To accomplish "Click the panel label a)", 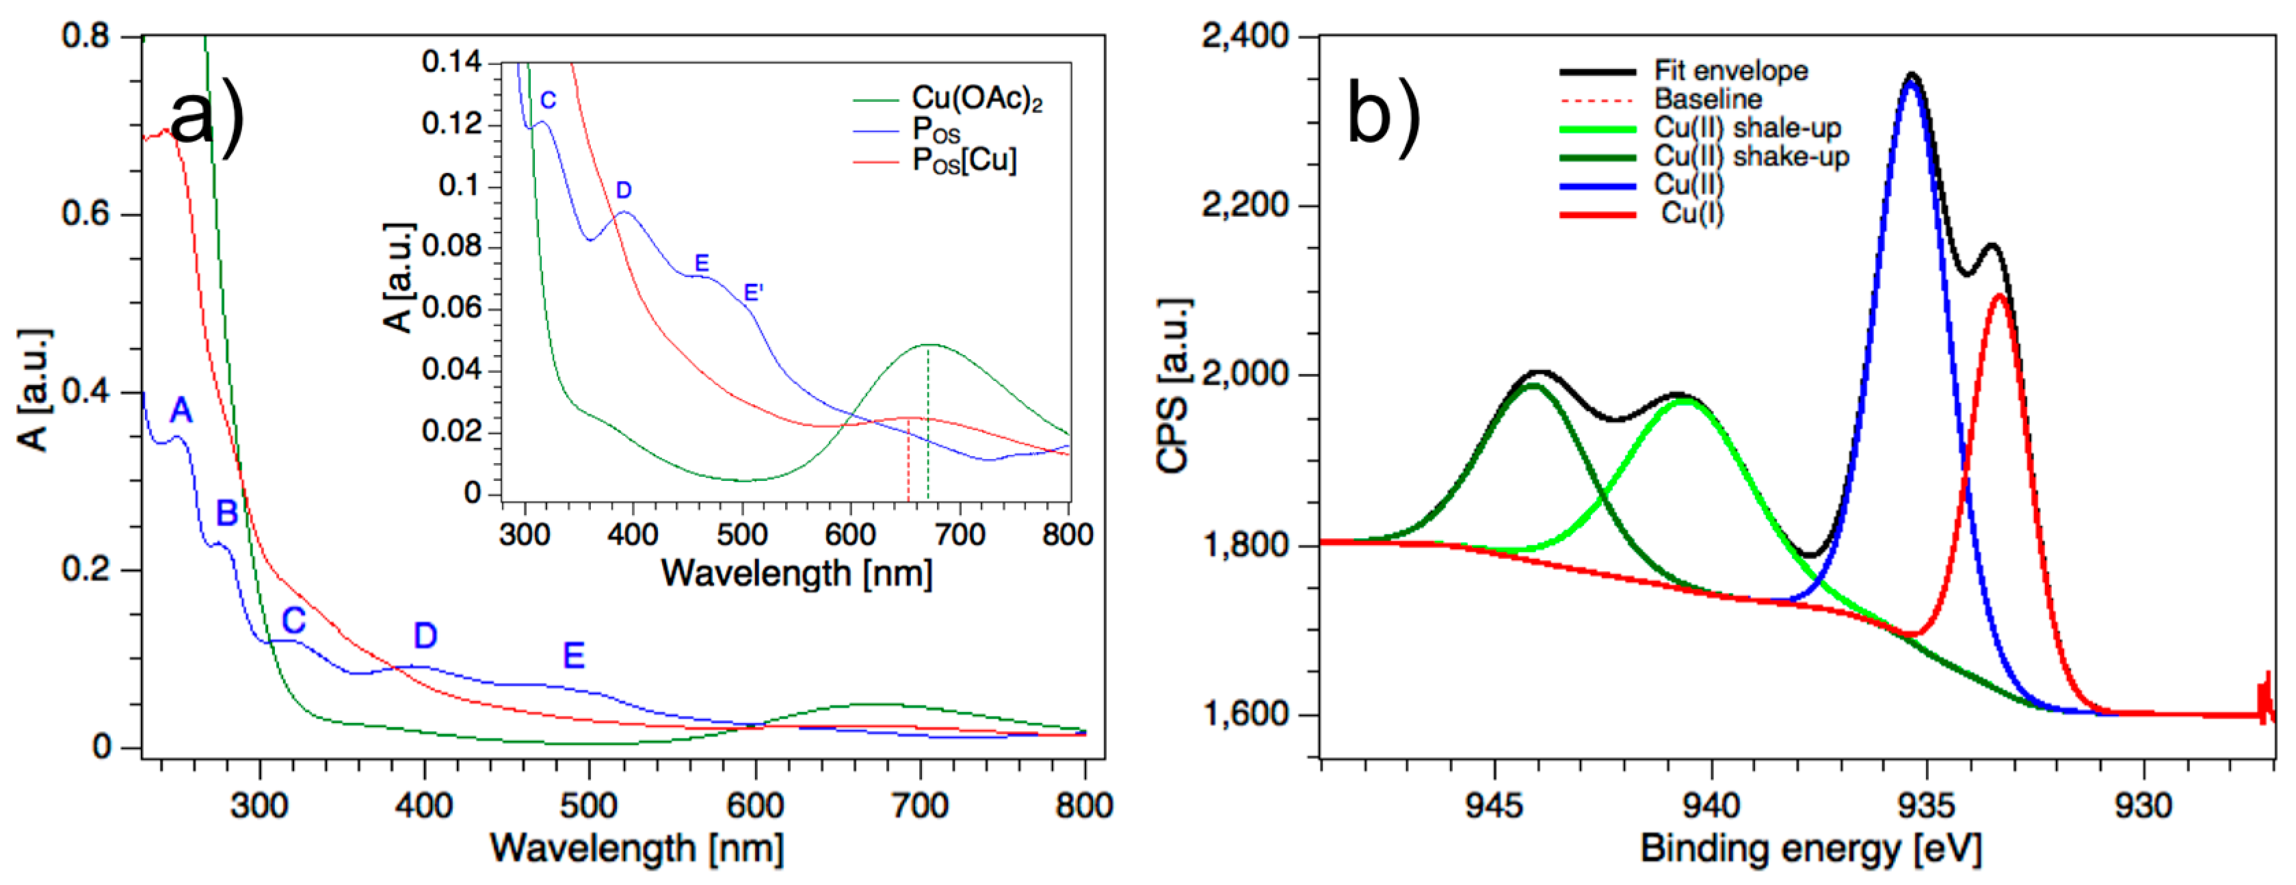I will pos(207,118).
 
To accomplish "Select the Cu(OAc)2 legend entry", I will pos(976,99).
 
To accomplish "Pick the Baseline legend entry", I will pos(1708,99).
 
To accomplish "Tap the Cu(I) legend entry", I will pos(1691,214).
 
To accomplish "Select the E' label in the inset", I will pos(753,292).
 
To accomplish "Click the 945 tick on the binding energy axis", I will pos(1494,806).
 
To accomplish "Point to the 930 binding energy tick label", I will pos(2143,806).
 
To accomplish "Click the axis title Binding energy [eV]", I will pos(1810,849).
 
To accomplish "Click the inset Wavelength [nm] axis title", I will pos(797,573).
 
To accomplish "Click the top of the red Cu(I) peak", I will pos(1999,296).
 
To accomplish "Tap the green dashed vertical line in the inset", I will pos(928,427).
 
